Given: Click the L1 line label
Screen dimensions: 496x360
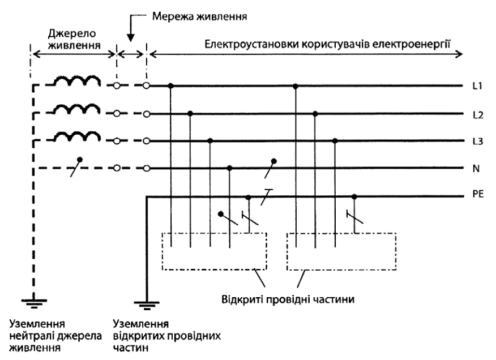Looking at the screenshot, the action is pyautogui.click(x=477, y=85).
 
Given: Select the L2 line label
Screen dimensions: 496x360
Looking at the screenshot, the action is pyautogui.click(x=478, y=115).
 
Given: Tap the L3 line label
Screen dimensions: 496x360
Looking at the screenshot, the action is pyautogui.click(x=478, y=142).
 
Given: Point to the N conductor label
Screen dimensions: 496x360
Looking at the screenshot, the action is pyautogui.click(x=476, y=169).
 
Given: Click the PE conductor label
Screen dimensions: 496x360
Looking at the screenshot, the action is pyautogui.click(x=478, y=194).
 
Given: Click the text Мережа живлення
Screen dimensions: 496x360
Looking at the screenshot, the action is pyautogui.click(x=200, y=16).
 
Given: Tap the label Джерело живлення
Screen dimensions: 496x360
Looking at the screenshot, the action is pyautogui.click(x=74, y=39).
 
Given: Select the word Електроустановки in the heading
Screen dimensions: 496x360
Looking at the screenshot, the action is pyautogui.click(x=251, y=44).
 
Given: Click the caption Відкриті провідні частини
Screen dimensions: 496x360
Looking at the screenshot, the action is pyautogui.click(x=288, y=299).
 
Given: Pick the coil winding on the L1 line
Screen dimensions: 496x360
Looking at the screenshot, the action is pyautogui.click(x=76, y=80).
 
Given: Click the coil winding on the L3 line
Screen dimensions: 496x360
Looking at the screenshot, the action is pyautogui.click(x=76, y=136).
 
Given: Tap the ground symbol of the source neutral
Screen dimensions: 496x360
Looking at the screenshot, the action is pyautogui.click(x=34, y=303).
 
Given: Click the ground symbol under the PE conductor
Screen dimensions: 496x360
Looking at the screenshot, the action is pyautogui.click(x=147, y=305).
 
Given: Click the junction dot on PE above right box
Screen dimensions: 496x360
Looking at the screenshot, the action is pyautogui.click(x=354, y=197).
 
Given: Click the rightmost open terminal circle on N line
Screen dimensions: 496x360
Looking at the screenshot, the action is pyautogui.click(x=146, y=168).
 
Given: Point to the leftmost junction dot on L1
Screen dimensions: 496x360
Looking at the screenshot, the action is pyautogui.click(x=171, y=85).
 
